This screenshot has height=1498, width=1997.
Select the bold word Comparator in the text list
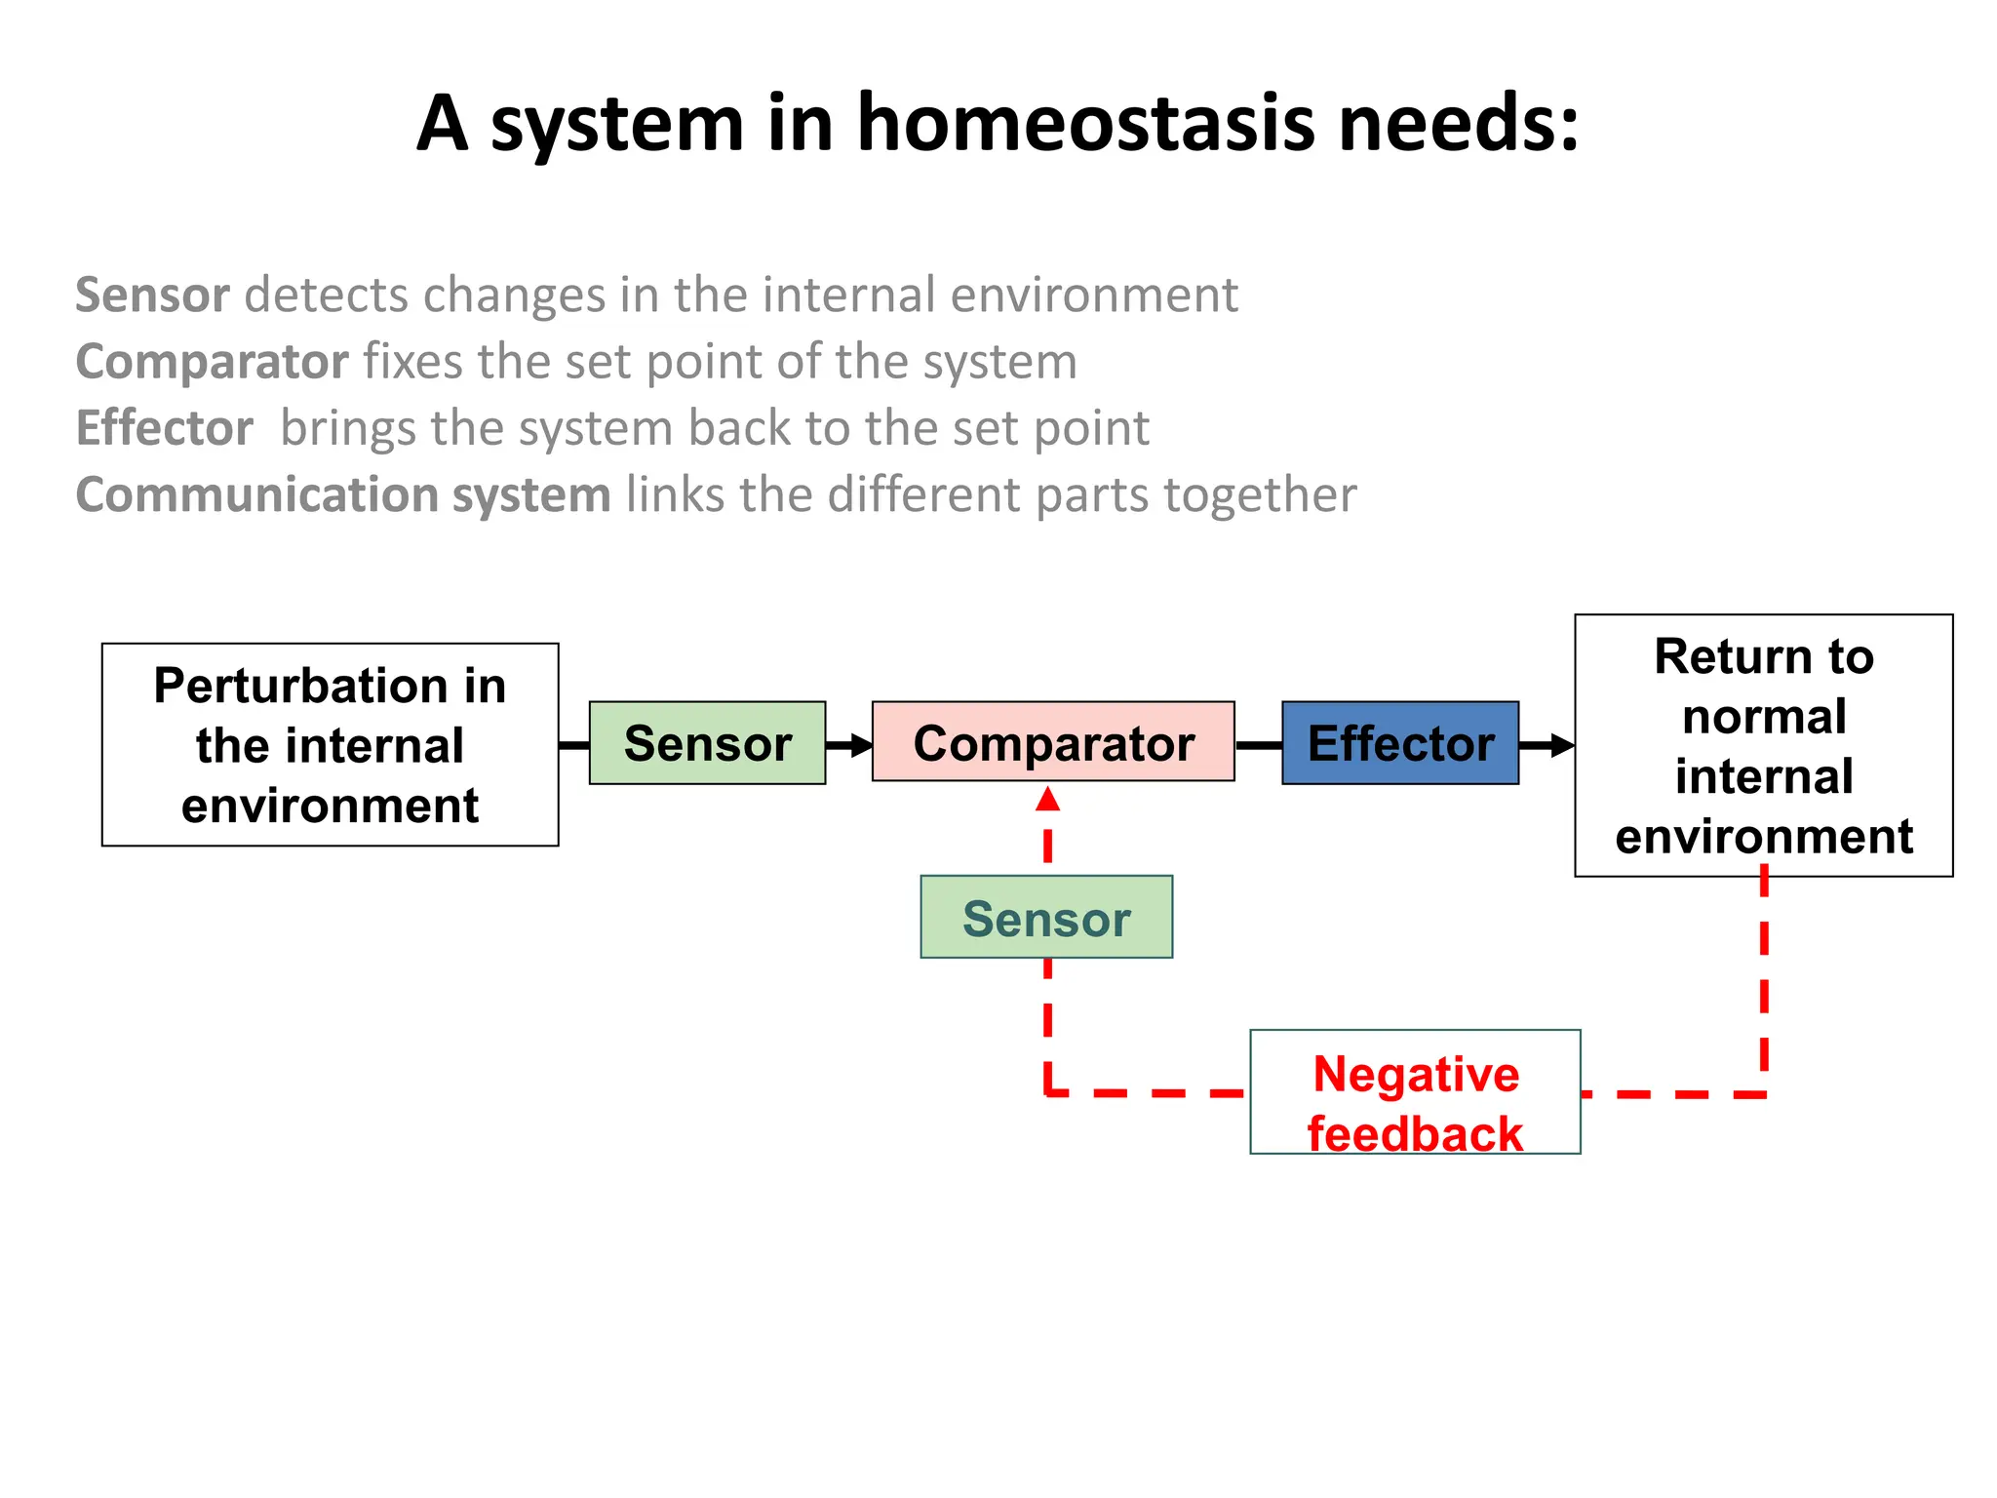[x=212, y=362]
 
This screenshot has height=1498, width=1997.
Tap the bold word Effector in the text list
[x=164, y=428]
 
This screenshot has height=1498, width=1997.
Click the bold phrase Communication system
[x=342, y=494]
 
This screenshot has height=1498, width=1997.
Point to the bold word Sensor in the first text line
[x=152, y=296]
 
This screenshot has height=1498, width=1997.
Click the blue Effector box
[x=1399, y=743]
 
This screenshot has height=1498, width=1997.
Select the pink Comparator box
[x=1053, y=742]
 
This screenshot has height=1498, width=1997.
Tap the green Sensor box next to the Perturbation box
[x=707, y=743]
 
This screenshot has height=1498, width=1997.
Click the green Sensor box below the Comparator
[x=1046, y=917]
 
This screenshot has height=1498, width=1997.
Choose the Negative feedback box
[x=1415, y=1092]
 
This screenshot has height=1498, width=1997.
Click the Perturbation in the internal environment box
[x=330, y=745]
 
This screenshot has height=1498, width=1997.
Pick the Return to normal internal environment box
[x=1763, y=746]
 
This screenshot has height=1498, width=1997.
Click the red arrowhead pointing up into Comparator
[x=1047, y=800]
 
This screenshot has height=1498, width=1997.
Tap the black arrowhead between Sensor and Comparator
[x=861, y=746]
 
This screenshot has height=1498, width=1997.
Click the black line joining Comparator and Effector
[x=1258, y=745]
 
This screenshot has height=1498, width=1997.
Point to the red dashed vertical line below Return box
[x=1764, y=985]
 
